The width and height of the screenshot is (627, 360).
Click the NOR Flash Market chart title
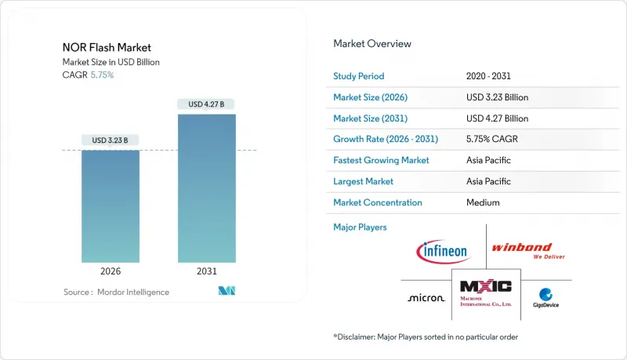click(107, 47)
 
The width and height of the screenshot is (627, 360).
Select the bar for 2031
click(207, 188)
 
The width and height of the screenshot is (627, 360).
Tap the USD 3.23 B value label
click(111, 140)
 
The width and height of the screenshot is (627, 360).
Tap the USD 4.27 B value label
click(207, 104)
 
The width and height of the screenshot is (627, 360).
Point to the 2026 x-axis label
click(111, 271)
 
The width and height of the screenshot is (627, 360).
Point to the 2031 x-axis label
click(207, 271)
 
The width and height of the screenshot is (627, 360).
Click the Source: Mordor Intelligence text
click(116, 292)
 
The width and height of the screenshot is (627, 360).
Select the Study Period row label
click(360, 76)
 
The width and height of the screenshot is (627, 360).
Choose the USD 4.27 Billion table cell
click(497, 118)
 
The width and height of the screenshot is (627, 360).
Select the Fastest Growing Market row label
click(380, 160)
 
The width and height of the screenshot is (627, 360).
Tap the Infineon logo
click(443, 251)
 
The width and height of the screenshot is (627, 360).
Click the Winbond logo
click(527, 250)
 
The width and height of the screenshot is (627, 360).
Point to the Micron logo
click(426, 298)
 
